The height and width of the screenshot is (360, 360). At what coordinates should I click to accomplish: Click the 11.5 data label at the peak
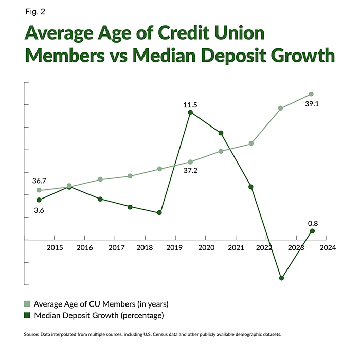coord(190,105)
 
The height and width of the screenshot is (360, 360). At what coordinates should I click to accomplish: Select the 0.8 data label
coord(313,224)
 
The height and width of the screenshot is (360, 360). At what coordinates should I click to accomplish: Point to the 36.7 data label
coord(39,181)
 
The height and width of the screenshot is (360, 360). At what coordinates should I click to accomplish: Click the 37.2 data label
coord(190,170)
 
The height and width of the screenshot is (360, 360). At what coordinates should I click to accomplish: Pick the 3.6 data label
coord(39,210)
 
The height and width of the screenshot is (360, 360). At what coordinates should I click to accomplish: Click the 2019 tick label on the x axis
coord(175,247)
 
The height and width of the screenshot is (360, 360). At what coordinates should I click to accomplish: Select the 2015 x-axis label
coord(53,247)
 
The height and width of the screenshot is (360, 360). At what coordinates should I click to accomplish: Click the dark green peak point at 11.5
coord(190,112)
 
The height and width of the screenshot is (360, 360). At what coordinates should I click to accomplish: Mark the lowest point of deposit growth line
coord(281,278)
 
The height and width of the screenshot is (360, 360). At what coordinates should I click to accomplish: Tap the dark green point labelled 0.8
coord(312,231)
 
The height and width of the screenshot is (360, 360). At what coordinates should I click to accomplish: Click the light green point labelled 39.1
coord(311,94)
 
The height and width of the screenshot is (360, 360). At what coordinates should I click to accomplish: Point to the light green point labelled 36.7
coord(39,190)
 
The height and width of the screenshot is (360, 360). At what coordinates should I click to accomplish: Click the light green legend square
coord(27,303)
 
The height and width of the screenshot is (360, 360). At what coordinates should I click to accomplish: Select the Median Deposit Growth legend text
coord(98,315)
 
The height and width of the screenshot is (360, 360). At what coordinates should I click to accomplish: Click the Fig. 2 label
coord(33,11)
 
